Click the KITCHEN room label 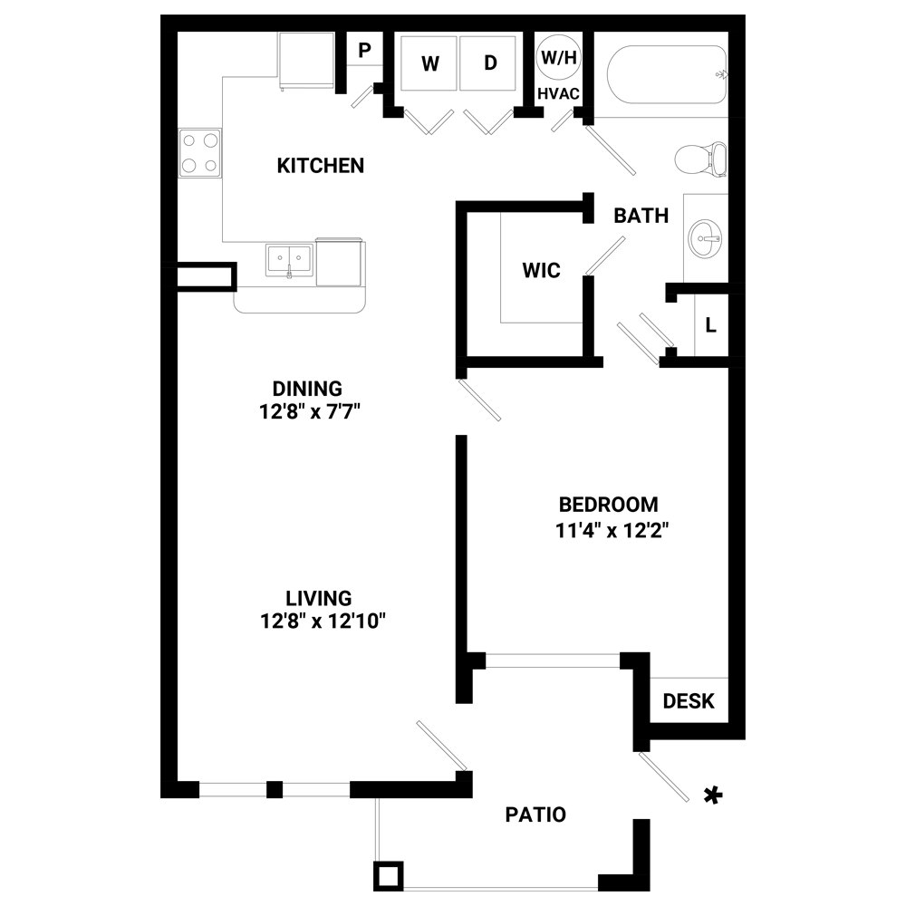pos(321,166)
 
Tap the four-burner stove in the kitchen pos(200,153)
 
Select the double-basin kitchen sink pos(290,260)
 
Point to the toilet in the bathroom pos(700,159)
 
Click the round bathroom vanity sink pos(705,238)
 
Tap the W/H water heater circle pos(559,57)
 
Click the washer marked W pos(429,63)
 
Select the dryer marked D pos(488,63)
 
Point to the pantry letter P pos(364,50)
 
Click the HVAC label pos(558,93)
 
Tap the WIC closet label pos(542,270)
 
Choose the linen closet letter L pos(710,325)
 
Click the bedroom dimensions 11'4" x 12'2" pos(612,530)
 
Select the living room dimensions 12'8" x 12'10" pos(323,622)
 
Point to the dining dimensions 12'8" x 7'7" pos(310,412)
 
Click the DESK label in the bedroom pos(689,701)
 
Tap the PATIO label pos(535,814)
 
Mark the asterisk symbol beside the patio pos(713,795)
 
